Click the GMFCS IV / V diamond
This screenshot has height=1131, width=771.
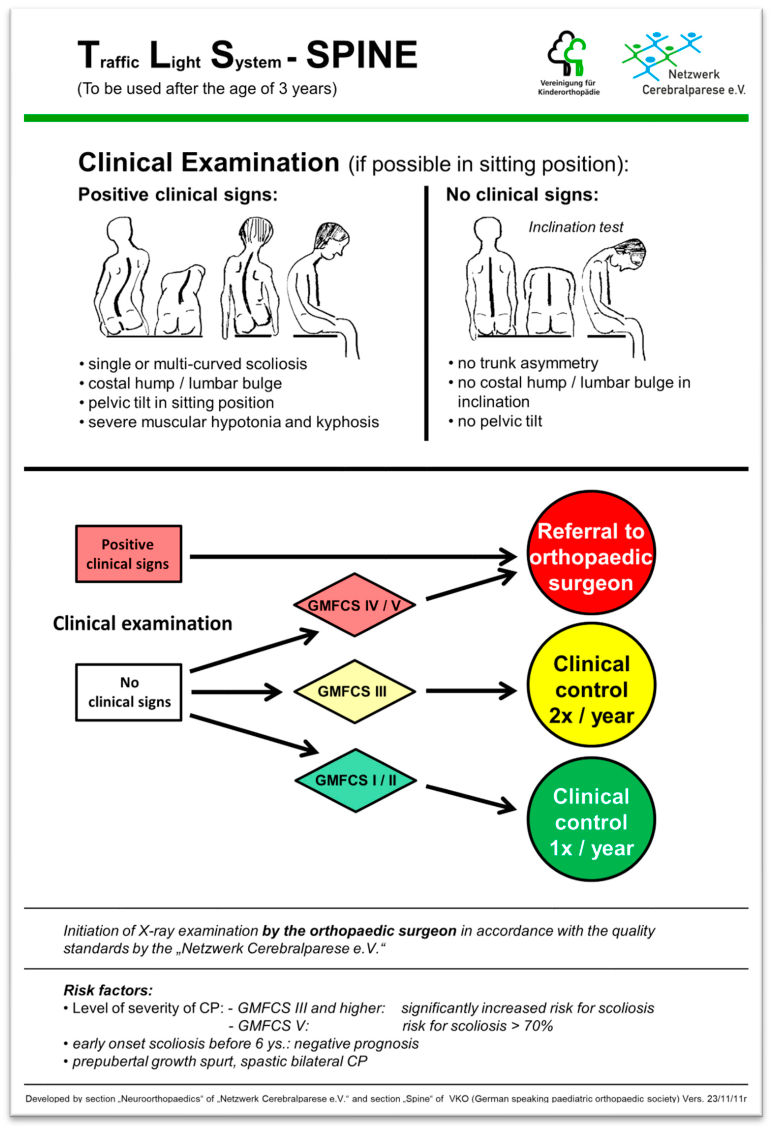pos(354,605)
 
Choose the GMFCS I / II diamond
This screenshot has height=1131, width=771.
pos(356,780)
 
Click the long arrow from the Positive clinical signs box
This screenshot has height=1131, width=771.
pos(351,556)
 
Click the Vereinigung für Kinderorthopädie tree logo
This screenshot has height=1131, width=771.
pos(567,54)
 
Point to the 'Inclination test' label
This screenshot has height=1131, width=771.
pos(576,227)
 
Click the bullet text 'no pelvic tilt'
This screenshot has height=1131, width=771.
pos(499,421)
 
